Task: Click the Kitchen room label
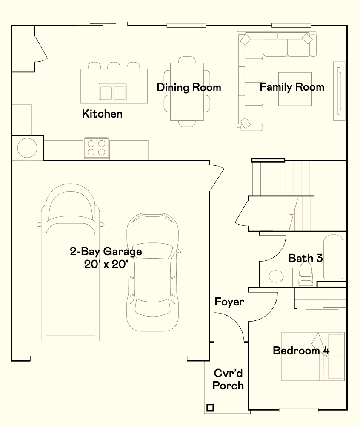coord(102,114)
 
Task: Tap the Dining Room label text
coord(189,88)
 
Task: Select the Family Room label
coord(292,87)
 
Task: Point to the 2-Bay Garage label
coord(106,251)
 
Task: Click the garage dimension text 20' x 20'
coord(106,264)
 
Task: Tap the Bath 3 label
coord(305,258)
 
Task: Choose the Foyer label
coord(229,302)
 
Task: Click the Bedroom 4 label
coord(301,351)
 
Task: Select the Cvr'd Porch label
coord(229,380)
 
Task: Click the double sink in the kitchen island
coord(113,92)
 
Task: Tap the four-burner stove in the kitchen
coord(96,148)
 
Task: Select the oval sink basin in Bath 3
coord(276,276)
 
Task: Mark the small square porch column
coord(210,408)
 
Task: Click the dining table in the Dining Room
coord(187,92)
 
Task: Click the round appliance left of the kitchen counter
coord(27,148)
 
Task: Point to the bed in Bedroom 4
coord(312,357)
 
